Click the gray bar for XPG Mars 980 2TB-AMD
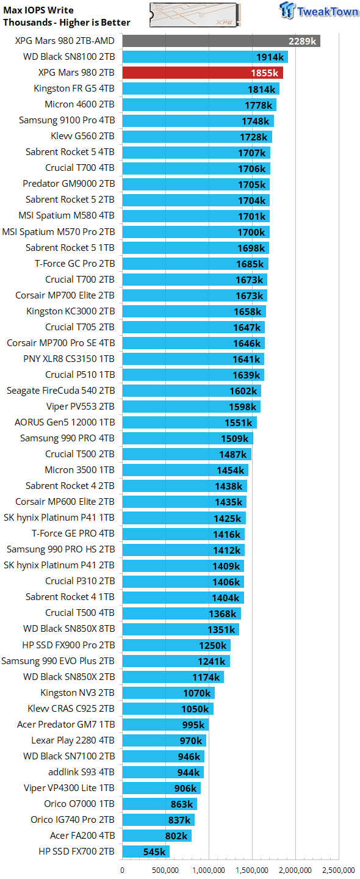tap(221, 41)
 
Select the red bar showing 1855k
tap(202, 73)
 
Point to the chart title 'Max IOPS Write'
tap(38, 10)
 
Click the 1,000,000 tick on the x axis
tap(209, 870)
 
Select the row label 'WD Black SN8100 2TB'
tap(68, 57)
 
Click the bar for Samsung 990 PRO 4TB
tap(187, 438)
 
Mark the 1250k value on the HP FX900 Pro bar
tap(214, 645)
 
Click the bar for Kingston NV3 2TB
tap(168, 692)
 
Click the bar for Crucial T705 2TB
tap(193, 327)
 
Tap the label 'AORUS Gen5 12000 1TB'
tap(65, 422)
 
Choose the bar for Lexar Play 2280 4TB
tap(164, 740)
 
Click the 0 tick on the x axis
tap(123, 870)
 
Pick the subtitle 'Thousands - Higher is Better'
tap(67, 23)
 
